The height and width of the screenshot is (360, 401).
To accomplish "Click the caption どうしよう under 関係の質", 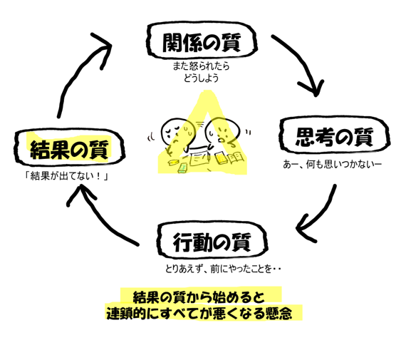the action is pos(202,78).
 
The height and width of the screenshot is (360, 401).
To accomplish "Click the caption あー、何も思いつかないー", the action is pos(333,164).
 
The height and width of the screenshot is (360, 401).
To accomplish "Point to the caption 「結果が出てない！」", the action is pos(66,176).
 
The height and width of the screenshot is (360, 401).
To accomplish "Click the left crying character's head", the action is pos(173,131).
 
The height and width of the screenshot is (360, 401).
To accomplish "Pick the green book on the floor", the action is pos(183,168).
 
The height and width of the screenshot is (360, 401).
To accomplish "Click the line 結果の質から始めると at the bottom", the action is pos(199,297).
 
